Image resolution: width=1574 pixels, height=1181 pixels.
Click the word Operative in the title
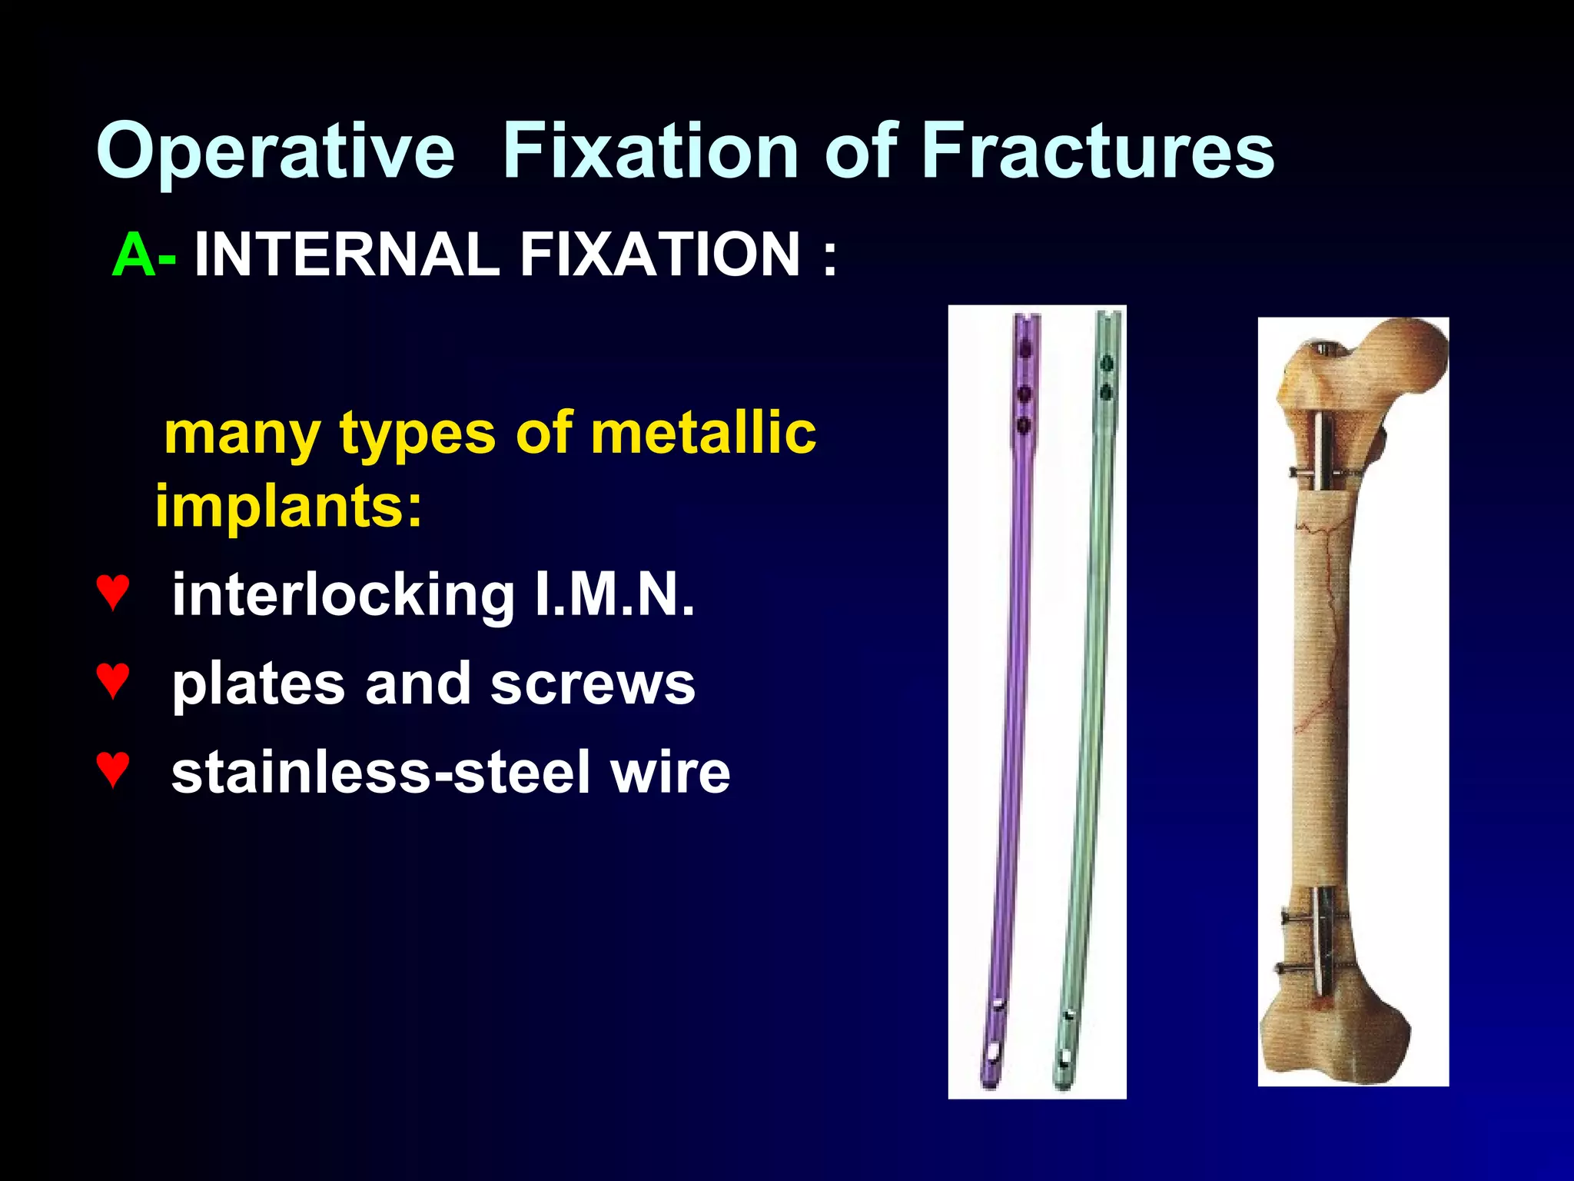pos(275,151)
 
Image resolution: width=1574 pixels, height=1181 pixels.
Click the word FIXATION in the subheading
pos(660,254)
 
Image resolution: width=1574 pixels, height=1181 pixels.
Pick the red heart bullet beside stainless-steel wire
pos(113,769)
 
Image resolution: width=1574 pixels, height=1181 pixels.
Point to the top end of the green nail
pos(1107,317)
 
